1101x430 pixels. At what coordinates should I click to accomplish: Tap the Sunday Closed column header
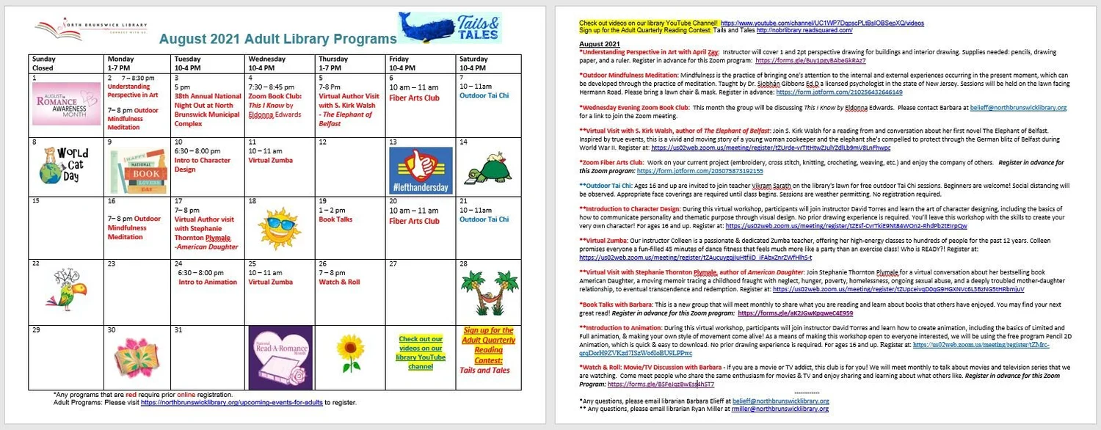coord(44,63)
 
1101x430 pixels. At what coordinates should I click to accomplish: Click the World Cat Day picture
coord(63,165)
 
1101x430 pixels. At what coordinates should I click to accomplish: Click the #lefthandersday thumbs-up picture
coord(420,170)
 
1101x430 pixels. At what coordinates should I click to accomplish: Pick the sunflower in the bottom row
coord(349,352)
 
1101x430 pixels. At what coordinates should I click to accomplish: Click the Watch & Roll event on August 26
coord(339,282)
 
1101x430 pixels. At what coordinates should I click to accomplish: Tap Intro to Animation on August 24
coord(208,282)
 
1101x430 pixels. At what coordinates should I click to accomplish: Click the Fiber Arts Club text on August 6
coord(414,98)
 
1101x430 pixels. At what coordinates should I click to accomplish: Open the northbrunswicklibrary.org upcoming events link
coord(232,402)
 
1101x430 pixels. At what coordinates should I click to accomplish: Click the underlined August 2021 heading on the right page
coord(600,44)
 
